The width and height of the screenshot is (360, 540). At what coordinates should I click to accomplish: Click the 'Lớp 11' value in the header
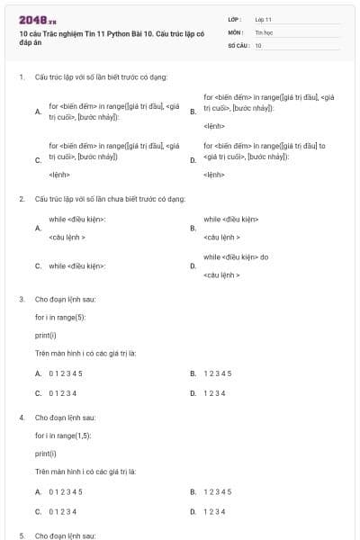pyautogui.click(x=264, y=19)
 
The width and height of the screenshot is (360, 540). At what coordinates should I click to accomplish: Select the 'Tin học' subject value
pyautogui.click(x=263, y=31)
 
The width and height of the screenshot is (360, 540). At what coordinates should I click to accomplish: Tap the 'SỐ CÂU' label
pyautogui.click(x=238, y=44)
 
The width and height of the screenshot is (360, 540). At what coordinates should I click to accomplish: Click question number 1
pyautogui.click(x=21, y=77)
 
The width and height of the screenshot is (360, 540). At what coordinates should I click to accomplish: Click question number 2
pyautogui.click(x=21, y=198)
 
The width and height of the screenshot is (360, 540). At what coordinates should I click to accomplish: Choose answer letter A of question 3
pyautogui.click(x=38, y=373)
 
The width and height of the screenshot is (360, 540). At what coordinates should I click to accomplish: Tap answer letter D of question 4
pyautogui.click(x=193, y=511)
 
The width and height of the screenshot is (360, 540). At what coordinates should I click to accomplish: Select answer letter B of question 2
pyautogui.click(x=193, y=228)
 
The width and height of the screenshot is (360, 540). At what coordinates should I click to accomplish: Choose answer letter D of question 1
pyautogui.click(x=193, y=159)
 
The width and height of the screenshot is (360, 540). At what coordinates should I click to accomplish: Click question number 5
pyautogui.click(x=21, y=535)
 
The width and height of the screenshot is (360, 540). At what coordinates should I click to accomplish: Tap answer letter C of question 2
pyautogui.click(x=38, y=266)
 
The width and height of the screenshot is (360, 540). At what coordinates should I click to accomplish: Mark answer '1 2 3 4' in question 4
pyautogui.click(x=214, y=511)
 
